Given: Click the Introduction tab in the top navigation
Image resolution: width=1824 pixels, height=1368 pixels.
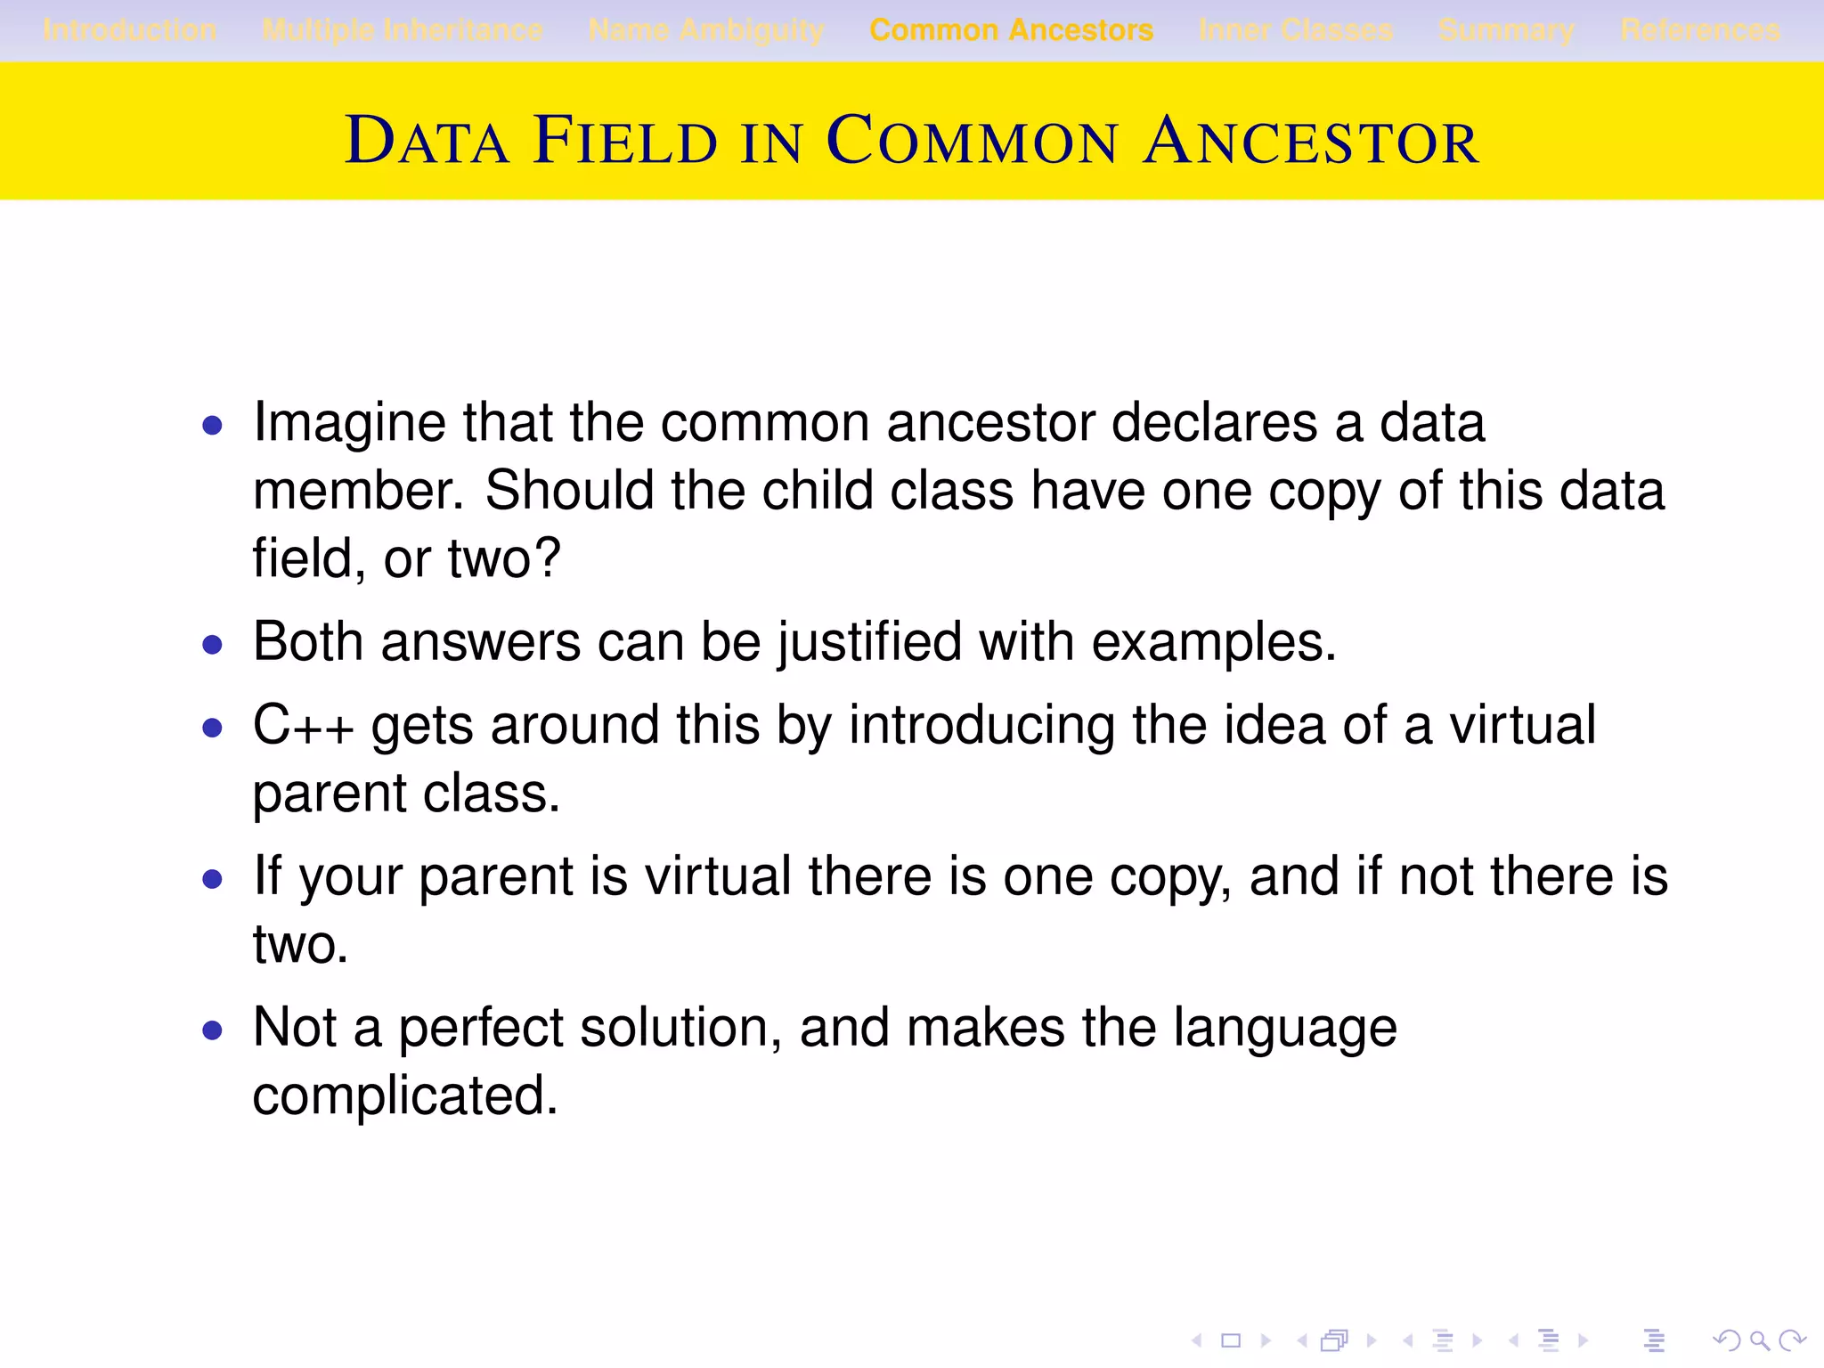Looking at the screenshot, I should pyautogui.click(x=129, y=30).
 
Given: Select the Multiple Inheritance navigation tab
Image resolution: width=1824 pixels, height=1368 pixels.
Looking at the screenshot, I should pyautogui.click(x=403, y=30).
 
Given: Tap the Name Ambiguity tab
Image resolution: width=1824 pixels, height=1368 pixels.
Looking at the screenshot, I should pyautogui.click(x=706, y=30).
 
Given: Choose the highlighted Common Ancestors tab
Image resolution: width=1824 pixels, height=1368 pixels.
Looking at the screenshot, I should pyautogui.click(x=1011, y=30).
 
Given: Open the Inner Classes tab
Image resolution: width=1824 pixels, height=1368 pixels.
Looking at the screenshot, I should pyautogui.click(x=1296, y=30).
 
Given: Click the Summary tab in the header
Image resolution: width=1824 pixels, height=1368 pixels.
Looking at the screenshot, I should pyautogui.click(x=1506, y=30).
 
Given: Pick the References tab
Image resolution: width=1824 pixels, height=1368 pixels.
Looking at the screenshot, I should pyautogui.click(x=1700, y=30).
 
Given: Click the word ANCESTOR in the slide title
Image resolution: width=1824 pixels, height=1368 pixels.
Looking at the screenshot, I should pyautogui.click(x=1311, y=141).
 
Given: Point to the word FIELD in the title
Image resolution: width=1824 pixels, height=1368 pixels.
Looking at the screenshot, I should pyautogui.click(x=625, y=141).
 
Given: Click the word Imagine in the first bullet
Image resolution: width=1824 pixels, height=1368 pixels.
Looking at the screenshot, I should pyautogui.click(x=348, y=423).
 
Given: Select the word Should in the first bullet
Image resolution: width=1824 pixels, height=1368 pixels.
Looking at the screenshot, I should pyautogui.click(x=569, y=491).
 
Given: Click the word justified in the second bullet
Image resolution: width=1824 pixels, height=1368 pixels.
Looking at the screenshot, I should pyautogui.click(x=869, y=642).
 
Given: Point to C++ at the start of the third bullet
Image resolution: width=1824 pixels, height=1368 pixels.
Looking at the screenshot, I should pyautogui.click(x=303, y=726).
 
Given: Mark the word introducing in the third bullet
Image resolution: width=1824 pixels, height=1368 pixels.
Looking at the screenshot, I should pyautogui.click(x=981, y=726).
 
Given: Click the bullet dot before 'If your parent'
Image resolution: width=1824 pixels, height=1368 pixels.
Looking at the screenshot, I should pyautogui.click(x=212, y=880).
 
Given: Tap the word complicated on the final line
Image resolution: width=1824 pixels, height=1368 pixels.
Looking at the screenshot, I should pyautogui.click(x=404, y=1095).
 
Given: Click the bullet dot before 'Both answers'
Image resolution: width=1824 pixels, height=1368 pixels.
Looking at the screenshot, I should pyautogui.click(x=212, y=644).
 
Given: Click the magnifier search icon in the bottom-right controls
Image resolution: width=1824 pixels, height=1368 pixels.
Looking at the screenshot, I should pyautogui.click(x=1759, y=1340).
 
